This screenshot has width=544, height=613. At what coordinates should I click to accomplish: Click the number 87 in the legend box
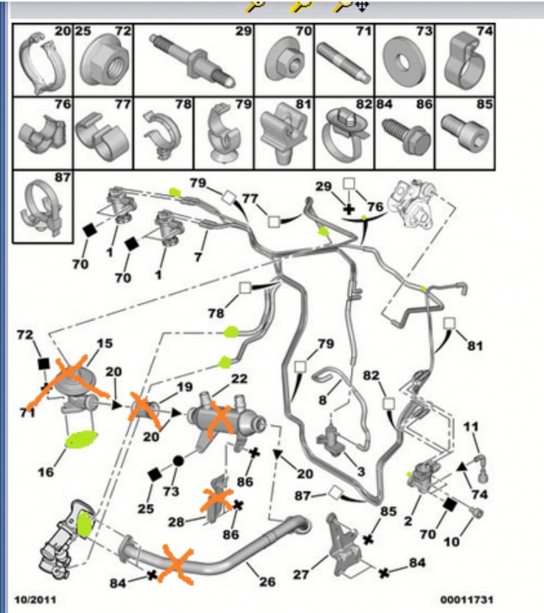pyautogui.click(x=62, y=177)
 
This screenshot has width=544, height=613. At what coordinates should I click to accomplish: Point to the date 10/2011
pyautogui.click(x=36, y=599)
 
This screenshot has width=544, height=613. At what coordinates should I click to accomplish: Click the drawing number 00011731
pyautogui.click(x=466, y=599)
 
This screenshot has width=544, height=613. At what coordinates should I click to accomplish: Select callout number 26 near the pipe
pyautogui.click(x=267, y=582)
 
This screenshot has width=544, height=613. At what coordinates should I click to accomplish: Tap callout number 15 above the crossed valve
pyautogui.click(x=104, y=343)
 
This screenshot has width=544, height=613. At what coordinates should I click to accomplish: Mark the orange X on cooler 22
pyautogui.click(x=220, y=421)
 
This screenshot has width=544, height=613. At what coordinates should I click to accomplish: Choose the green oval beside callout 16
pyautogui.click(x=82, y=439)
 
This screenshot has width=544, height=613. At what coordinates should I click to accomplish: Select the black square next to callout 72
pyautogui.click(x=44, y=364)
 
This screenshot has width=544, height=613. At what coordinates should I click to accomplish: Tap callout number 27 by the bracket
pyautogui.click(x=301, y=574)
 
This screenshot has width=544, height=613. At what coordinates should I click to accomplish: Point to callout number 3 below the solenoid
pyautogui.click(x=360, y=471)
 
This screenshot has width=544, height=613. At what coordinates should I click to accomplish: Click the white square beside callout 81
pyautogui.click(x=449, y=323)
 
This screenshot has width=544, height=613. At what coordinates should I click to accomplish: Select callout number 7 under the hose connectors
pyautogui.click(x=198, y=257)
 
